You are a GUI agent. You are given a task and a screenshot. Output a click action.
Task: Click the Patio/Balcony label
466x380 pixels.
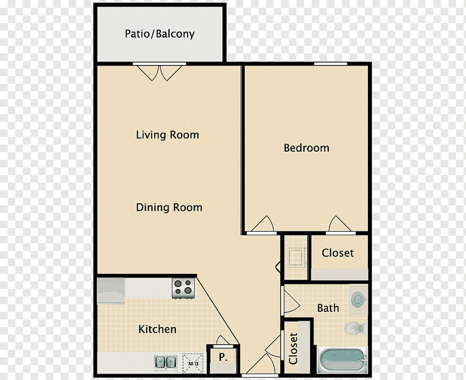(160, 34)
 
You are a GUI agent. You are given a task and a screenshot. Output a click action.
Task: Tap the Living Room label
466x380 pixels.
(167, 135)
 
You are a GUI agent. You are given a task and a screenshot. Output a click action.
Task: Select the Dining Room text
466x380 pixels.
(169, 208)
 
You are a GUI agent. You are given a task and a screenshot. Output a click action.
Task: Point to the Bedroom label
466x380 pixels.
(306, 148)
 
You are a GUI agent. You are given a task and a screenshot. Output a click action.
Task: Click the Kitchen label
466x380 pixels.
(157, 329)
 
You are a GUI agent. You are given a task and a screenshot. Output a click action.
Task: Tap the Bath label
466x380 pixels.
(328, 308)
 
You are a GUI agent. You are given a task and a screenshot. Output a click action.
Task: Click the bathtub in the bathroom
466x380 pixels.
(341, 360)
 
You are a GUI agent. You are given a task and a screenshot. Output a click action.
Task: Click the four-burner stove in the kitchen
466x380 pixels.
(183, 287)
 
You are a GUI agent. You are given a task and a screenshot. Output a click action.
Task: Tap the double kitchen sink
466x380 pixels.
(165, 362)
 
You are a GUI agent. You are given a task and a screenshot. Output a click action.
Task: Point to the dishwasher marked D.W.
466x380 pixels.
(193, 363)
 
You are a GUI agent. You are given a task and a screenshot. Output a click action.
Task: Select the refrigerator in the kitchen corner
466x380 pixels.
(111, 290)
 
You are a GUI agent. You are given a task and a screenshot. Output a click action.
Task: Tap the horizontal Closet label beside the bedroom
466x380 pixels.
(338, 253)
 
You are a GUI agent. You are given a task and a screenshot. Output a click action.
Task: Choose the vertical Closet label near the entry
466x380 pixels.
(293, 348)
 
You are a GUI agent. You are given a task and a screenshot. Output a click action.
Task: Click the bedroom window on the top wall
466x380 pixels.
(330, 64)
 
